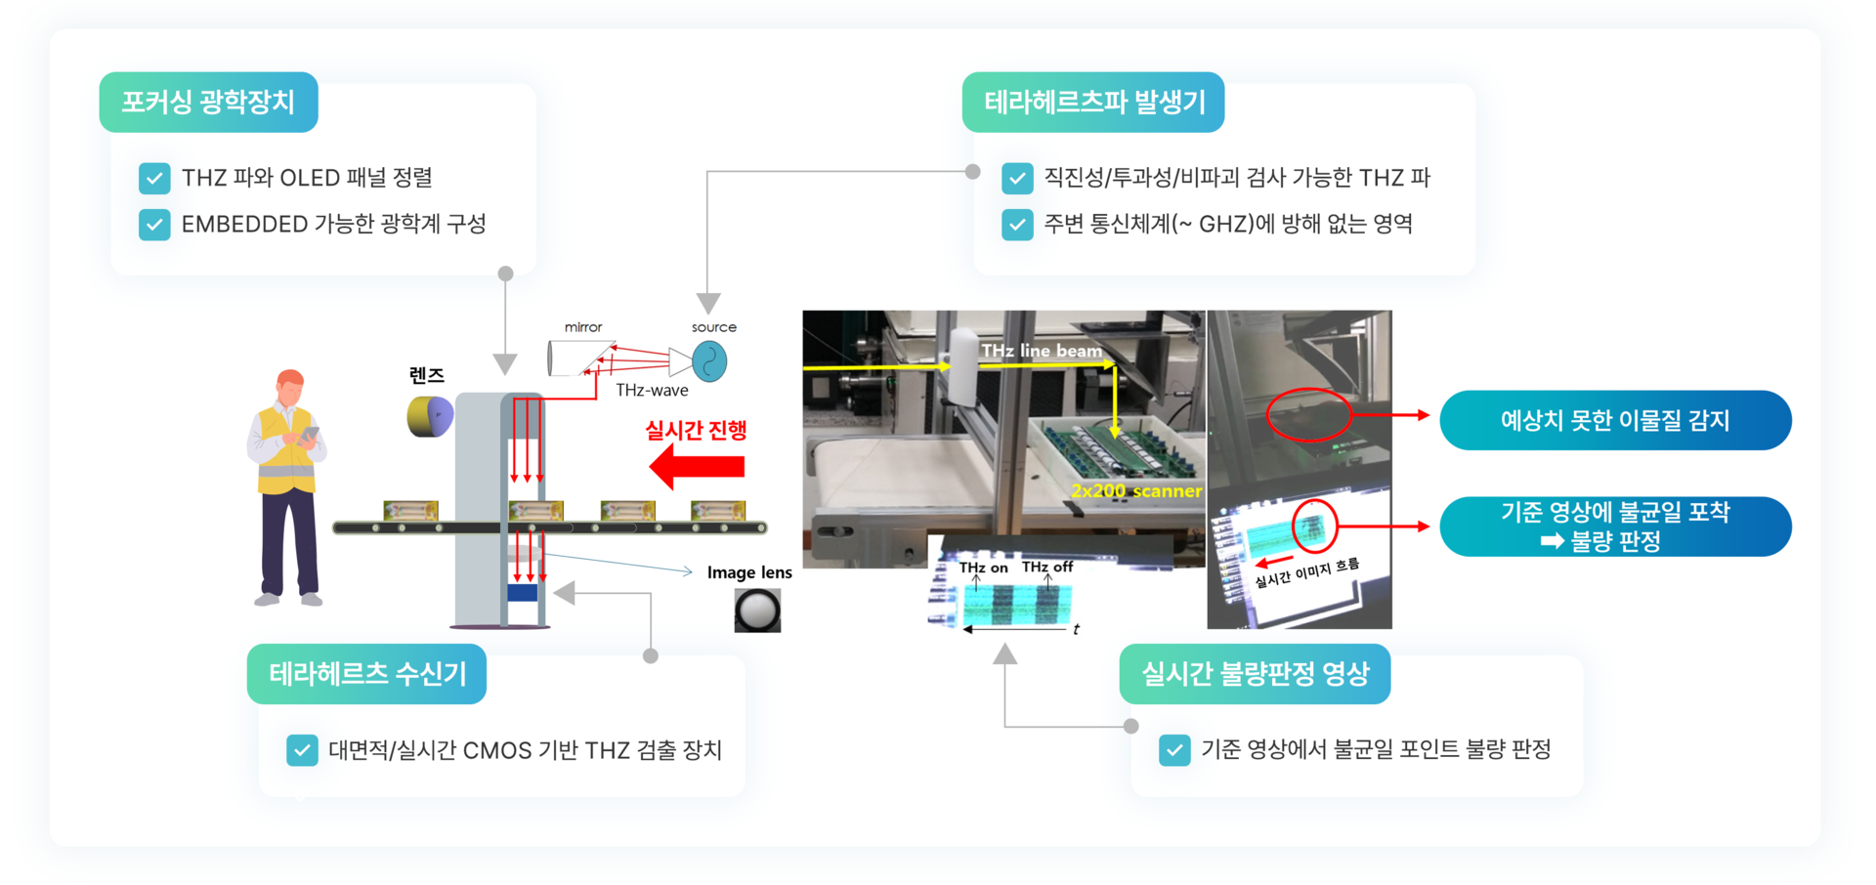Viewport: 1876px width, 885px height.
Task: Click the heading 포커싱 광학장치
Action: [208, 103]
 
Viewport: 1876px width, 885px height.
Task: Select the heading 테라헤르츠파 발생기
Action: [1093, 103]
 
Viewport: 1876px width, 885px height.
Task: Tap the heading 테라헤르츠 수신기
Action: [367, 674]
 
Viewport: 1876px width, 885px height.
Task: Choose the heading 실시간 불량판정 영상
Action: [1255, 674]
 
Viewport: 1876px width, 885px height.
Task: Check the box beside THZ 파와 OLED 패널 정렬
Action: [154, 179]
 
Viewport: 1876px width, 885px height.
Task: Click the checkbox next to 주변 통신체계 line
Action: [1017, 225]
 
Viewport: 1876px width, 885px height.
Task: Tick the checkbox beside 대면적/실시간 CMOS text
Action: [302, 750]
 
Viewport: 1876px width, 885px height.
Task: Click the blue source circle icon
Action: [709, 362]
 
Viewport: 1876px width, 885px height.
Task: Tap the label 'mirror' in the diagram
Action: [583, 327]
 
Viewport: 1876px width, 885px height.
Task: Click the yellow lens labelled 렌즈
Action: [430, 416]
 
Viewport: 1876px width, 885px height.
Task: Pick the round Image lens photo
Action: [757, 611]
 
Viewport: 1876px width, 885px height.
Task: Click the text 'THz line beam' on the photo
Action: [1042, 351]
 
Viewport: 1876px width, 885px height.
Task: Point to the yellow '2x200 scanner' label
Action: [1136, 491]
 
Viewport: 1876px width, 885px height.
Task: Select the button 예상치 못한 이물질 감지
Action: [1615, 421]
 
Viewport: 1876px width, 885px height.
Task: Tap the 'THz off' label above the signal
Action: [1047, 567]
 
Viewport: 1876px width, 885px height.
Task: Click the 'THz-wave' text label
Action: [652, 391]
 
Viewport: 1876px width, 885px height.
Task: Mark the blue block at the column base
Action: [523, 593]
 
